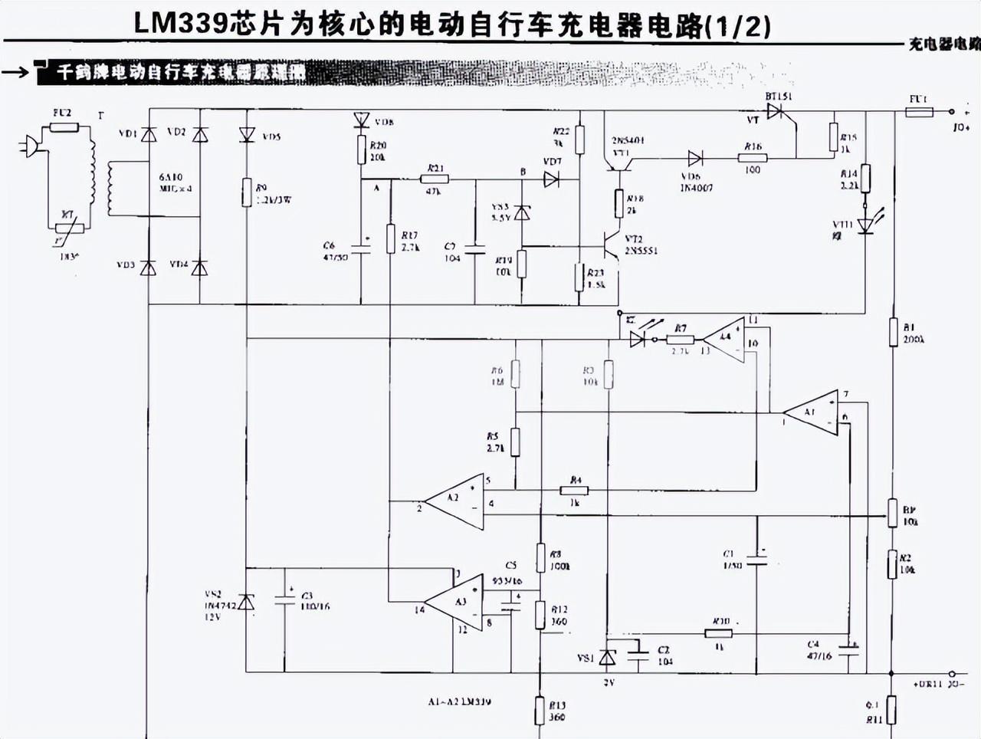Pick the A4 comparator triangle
click(x=725, y=339)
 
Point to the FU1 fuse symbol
click(x=919, y=113)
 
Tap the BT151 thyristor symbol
click(x=779, y=112)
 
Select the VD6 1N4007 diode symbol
click(x=695, y=159)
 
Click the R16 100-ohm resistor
click(x=753, y=159)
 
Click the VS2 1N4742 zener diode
click(x=246, y=603)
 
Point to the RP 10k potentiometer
click(x=893, y=512)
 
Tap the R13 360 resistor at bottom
click(x=540, y=710)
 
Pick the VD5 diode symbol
click(x=246, y=136)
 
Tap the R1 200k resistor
click(x=893, y=333)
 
